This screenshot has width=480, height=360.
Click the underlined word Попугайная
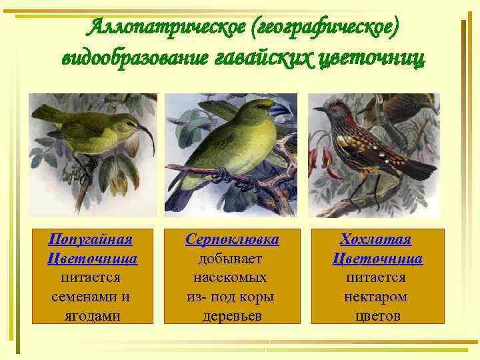91,239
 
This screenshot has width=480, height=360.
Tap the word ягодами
91,315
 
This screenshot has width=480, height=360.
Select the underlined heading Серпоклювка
232,239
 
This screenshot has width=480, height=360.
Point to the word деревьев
232,315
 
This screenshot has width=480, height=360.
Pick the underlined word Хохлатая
376,239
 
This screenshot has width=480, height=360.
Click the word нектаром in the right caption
376,296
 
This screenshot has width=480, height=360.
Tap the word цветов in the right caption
377,315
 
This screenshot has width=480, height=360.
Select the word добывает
232,258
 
